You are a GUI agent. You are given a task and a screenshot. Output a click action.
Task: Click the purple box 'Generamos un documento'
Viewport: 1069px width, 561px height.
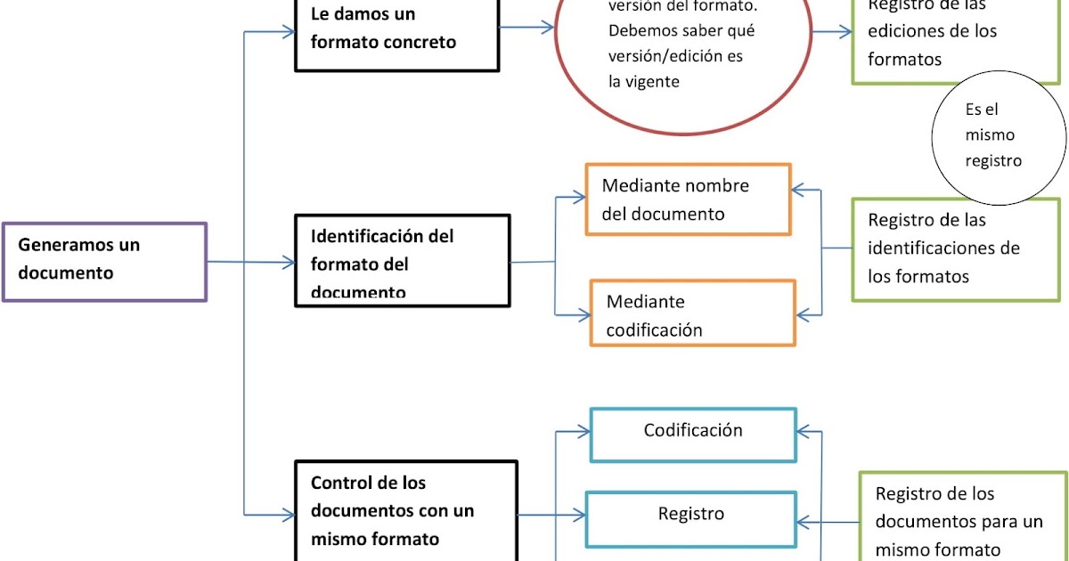point(104,262)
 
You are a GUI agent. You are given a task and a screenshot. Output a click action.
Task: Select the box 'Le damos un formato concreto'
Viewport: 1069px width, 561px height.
point(396,34)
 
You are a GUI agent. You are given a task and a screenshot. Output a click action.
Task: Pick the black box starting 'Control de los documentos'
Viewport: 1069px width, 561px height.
point(406,509)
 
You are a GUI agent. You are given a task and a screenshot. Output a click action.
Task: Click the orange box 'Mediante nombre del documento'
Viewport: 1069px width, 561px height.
point(688,199)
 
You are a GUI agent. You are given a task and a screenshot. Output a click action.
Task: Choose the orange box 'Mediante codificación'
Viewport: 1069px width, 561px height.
point(692,313)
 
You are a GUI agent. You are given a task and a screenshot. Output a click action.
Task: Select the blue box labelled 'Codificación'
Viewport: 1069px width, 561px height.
point(693,435)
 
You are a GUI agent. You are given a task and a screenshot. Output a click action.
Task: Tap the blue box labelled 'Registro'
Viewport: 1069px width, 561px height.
point(691,518)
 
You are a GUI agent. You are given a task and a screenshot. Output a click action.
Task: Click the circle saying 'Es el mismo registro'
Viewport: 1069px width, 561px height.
point(997,136)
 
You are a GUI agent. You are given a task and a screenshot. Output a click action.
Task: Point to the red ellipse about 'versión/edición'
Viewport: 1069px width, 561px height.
point(683,62)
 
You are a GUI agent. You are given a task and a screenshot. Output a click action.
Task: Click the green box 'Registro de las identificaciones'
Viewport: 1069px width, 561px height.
point(954,249)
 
